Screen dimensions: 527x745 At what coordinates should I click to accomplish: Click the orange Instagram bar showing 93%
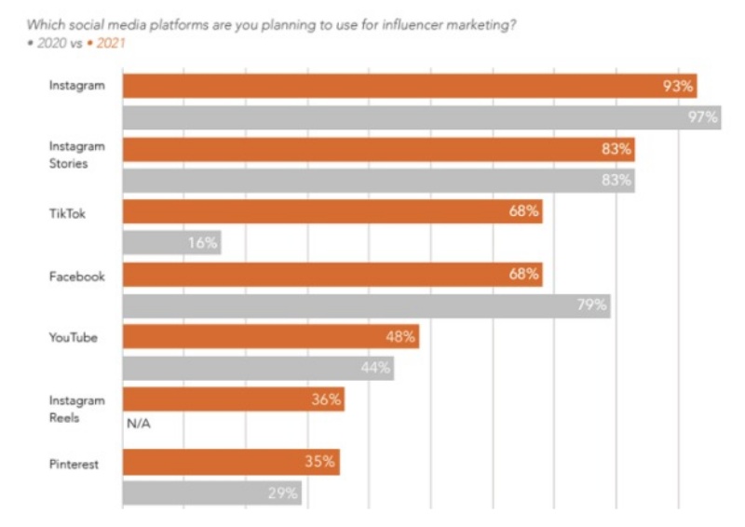click(x=410, y=86)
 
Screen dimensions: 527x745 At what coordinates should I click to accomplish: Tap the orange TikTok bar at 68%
click(x=332, y=211)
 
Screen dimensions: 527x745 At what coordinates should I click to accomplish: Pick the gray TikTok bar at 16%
click(x=171, y=243)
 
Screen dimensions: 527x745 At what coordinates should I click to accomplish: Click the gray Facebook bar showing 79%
click(x=366, y=305)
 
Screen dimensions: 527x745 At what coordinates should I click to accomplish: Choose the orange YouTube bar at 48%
click(x=270, y=337)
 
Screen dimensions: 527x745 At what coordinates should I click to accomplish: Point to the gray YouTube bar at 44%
click(x=258, y=368)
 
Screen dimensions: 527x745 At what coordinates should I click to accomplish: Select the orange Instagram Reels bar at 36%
click(x=233, y=399)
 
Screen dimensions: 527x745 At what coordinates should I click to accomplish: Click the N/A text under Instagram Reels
click(x=137, y=424)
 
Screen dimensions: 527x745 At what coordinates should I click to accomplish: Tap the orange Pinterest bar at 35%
click(x=230, y=462)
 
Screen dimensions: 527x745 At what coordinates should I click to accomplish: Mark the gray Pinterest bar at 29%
click(x=211, y=493)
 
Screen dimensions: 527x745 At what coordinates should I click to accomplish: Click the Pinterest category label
click(x=74, y=463)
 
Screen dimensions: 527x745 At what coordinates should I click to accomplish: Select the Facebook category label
click(x=76, y=276)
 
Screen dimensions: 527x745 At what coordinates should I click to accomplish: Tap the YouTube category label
click(x=73, y=338)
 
